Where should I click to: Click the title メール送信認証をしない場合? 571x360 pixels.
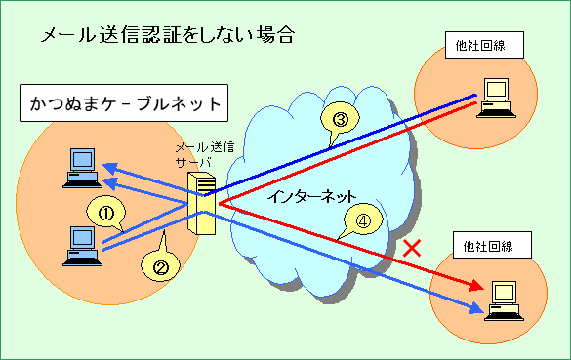tap(167, 36)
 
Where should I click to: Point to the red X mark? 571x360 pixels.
tap(412, 248)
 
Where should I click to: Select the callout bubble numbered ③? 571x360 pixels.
tap(340, 120)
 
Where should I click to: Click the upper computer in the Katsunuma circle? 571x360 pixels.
tap(77, 167)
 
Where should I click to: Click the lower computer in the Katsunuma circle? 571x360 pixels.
tap(77, 245)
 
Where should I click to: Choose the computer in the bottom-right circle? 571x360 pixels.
tap(505, 299)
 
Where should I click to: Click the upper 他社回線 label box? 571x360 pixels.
tap(484, 46)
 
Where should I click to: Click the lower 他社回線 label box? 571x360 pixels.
tap(493, 244)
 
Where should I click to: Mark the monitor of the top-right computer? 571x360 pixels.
tap(497, 91)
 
